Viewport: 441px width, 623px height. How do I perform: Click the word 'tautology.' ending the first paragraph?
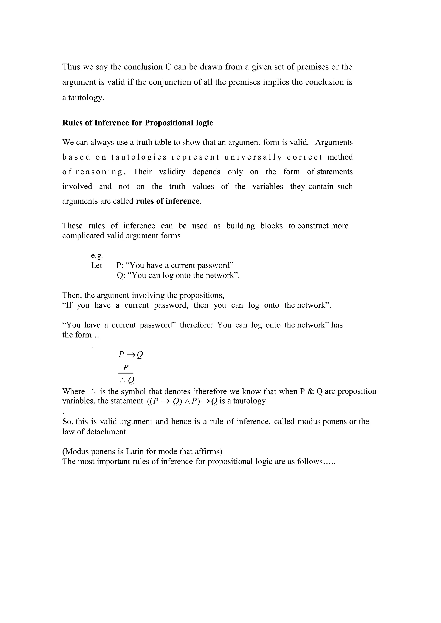(x=86, y=98)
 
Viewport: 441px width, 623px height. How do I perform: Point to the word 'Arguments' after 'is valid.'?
(x=334, y=143)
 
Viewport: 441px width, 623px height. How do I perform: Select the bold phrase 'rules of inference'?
(x=168, y=201)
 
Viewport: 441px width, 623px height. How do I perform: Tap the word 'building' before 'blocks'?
(x=241, y=226)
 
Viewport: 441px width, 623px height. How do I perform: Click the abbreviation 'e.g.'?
(x=97, y=256)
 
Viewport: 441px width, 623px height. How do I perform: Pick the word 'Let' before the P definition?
(x=96, y=265)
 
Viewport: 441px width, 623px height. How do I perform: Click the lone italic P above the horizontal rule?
(x=126, y=368)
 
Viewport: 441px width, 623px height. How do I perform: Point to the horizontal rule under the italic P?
(x=126, y=373)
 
